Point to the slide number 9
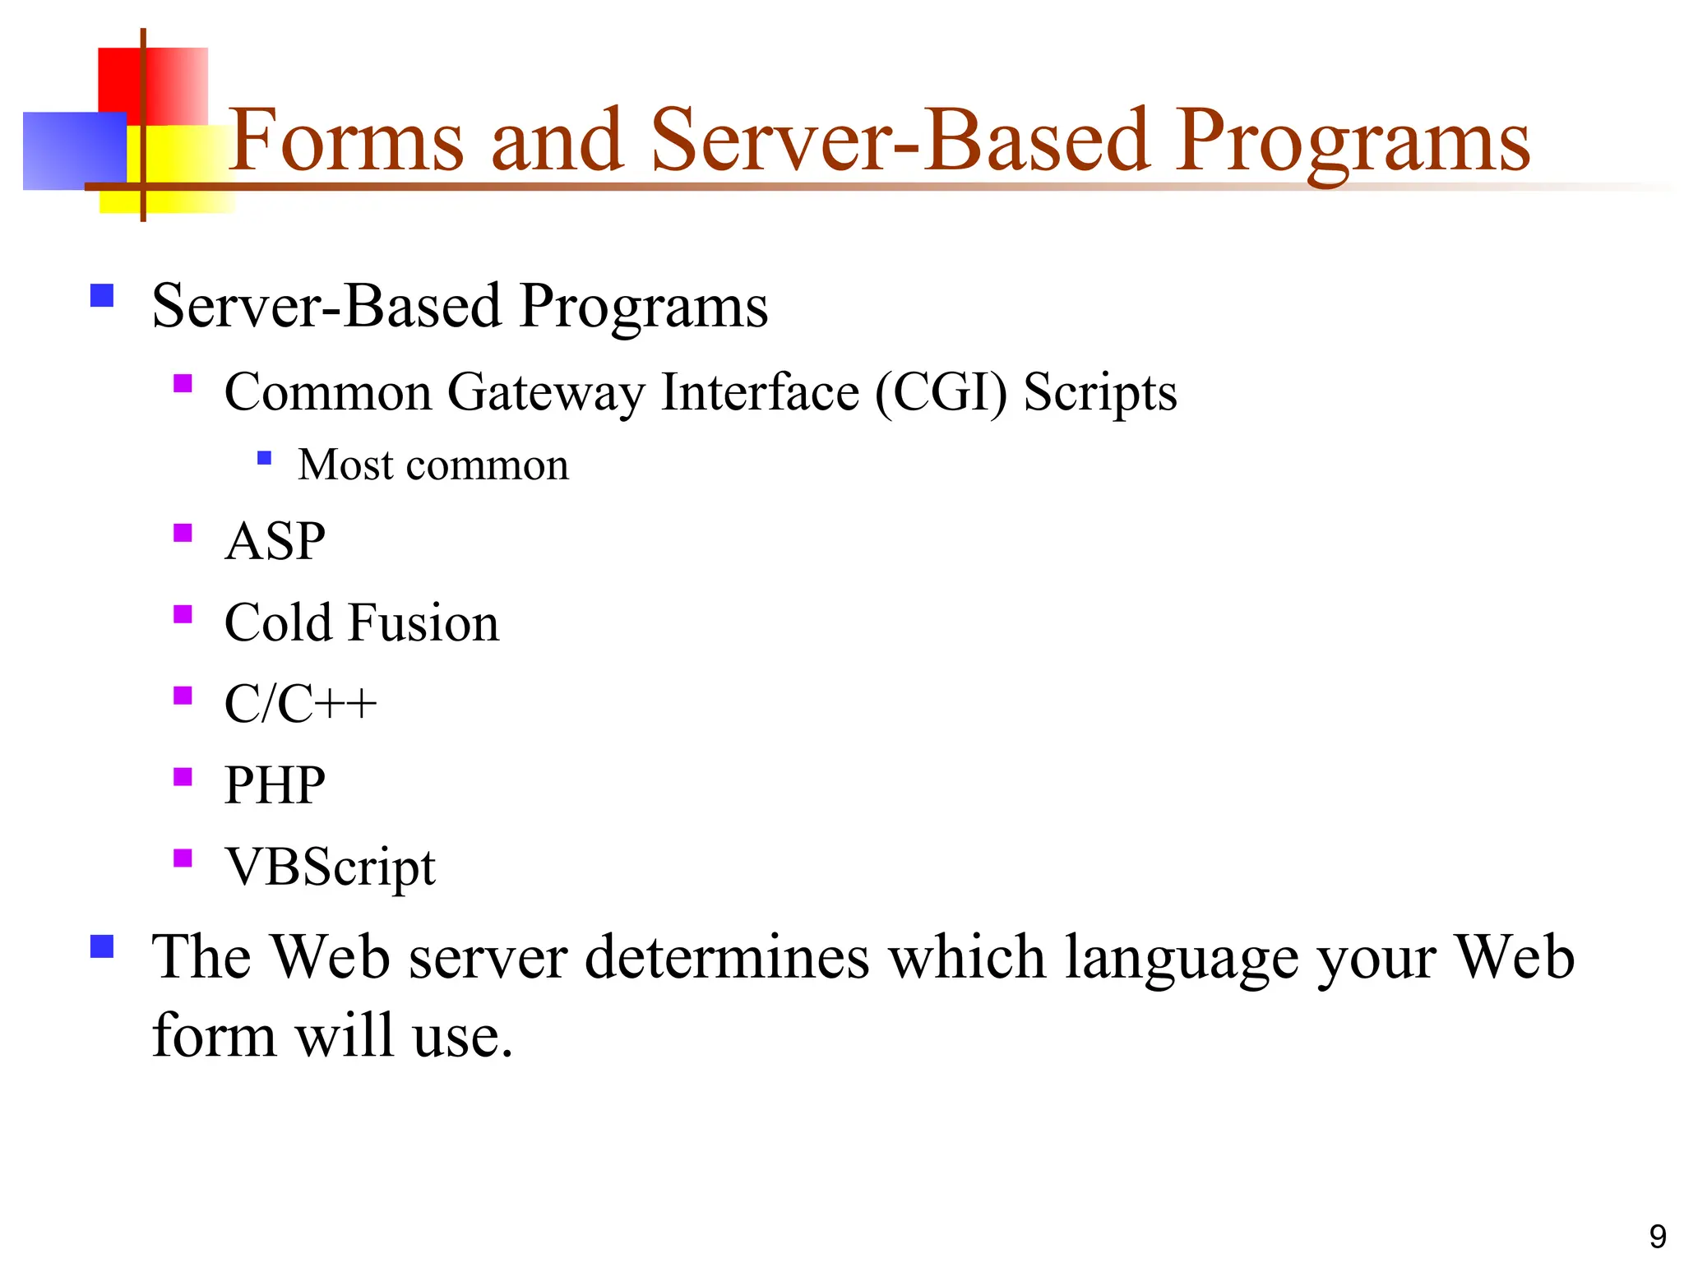[x=1658, y=1236]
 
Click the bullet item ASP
[x=275, y=541]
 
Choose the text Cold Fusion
[x=361, y=622]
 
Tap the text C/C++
[x=299, y=704]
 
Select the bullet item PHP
[x=275, y=784]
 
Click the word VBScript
[x=330, y=867]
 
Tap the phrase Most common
[x=433, y=465]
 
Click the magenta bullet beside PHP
[x=183, y=776]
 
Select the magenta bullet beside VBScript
[x=183, y=858]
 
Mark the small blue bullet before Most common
[x=264, y=458]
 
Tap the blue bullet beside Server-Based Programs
[x=102, y=295]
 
